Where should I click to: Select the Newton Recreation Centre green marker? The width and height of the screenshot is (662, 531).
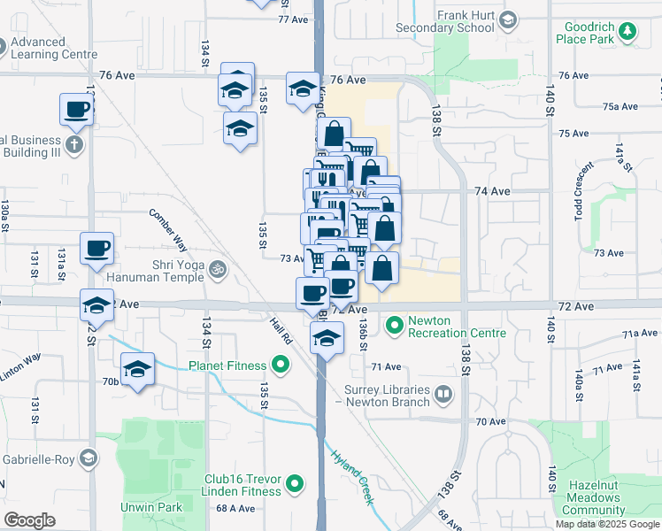[394, 327]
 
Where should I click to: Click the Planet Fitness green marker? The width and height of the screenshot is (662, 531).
[281, 365]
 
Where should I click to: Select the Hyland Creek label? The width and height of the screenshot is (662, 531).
[352, 474]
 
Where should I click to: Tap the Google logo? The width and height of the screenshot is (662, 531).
[29, 520]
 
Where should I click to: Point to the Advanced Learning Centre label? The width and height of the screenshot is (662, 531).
[50, 48]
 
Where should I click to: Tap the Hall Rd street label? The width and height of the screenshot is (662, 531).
[281, 332]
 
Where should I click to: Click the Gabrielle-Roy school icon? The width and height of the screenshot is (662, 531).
[88, 458]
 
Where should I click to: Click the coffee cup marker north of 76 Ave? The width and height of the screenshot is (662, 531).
[76, 110]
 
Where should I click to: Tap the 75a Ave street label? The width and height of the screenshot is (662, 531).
[620, 106]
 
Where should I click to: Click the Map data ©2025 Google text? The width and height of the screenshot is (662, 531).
[606, 524]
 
